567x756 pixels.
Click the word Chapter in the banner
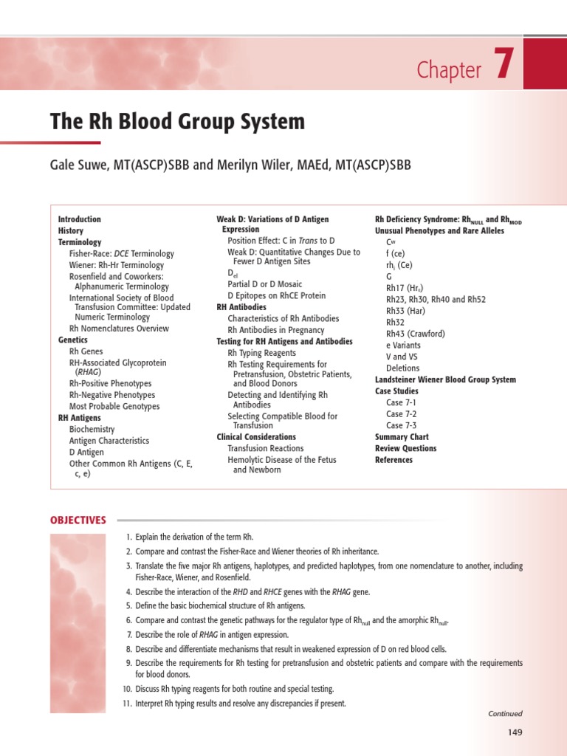449,70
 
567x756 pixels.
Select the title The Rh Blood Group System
177,121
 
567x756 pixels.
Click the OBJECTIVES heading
78,520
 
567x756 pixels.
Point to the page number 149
515,732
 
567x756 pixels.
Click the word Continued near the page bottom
505,714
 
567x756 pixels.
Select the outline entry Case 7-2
401,414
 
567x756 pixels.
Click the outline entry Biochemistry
92,429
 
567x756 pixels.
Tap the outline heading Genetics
72,340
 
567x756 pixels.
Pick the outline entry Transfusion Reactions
265,448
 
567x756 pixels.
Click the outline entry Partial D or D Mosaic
264,284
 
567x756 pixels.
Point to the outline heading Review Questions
405,448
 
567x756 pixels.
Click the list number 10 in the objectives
126,689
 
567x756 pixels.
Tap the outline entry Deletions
402,368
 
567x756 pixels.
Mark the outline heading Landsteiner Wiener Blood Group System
445,379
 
